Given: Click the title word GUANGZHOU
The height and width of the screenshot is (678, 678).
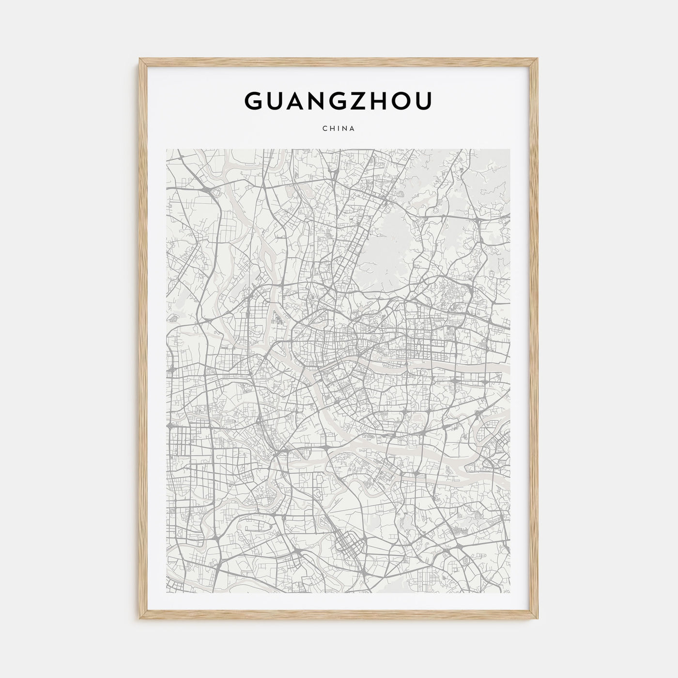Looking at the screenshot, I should [339, 100].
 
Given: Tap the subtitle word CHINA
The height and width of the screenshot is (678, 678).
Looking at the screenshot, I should [339, 129].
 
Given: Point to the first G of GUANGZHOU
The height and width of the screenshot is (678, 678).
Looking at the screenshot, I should [256, 100].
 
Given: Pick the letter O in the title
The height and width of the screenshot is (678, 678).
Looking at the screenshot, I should [400, 100].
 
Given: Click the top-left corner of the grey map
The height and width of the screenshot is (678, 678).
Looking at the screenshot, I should [167, 150].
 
